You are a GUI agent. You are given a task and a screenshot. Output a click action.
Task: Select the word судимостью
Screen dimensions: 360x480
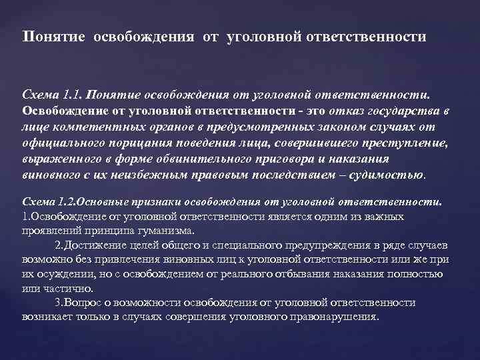pyautogui.click(x=389, y=175)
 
